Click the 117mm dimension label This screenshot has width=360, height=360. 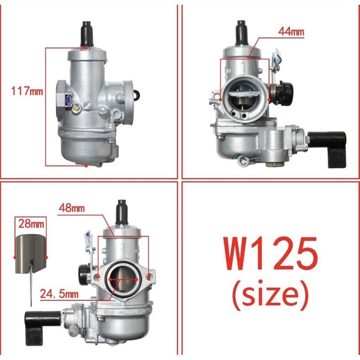[x=27, y=91]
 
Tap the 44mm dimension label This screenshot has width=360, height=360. [x=291, y=31]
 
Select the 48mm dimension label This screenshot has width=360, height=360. [x=72, y=208]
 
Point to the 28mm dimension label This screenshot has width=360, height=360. [x=31, y=224]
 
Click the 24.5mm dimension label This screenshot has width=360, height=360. [x=59, y=294]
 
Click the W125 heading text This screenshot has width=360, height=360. [x=271, y=254]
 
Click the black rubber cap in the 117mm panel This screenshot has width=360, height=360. [x=87, y=34]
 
